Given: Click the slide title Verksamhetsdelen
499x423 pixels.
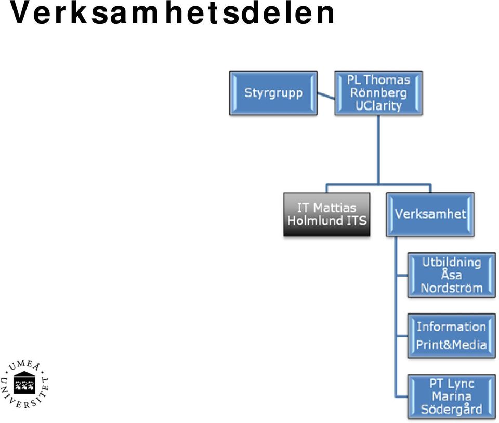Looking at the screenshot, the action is click(172, 13).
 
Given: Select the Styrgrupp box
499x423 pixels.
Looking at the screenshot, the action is click(273, 93).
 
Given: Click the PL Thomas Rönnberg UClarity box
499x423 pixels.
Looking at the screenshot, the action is click(378, 93).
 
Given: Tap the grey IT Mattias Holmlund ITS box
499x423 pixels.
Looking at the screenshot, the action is click(326, 214).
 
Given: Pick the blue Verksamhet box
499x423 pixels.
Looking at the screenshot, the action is click(430, 214).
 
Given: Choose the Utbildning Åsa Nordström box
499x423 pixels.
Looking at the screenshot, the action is click(452, 275).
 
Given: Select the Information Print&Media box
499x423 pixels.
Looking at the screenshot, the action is click(452, 336).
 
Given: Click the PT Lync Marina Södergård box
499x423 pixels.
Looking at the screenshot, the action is click(452, 397).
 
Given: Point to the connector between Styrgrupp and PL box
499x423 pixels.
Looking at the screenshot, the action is click(326, 95).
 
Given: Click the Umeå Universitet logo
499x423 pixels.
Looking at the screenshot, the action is click(24, 384).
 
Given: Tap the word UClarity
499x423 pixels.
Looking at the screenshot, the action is click(378, 106).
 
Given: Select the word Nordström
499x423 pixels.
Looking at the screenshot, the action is click(452, 288).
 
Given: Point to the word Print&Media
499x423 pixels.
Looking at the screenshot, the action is click(452, 345).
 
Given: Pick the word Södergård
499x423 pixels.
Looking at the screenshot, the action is click(452, 410).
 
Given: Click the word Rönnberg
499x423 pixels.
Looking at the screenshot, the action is click(378, 93).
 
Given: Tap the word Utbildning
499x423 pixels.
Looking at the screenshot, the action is click(452, 263).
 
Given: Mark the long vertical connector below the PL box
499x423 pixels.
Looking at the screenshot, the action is click(378, 149).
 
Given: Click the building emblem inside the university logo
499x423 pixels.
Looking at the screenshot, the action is click(24, 383).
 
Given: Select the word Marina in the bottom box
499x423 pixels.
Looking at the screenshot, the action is click(452, 397).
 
